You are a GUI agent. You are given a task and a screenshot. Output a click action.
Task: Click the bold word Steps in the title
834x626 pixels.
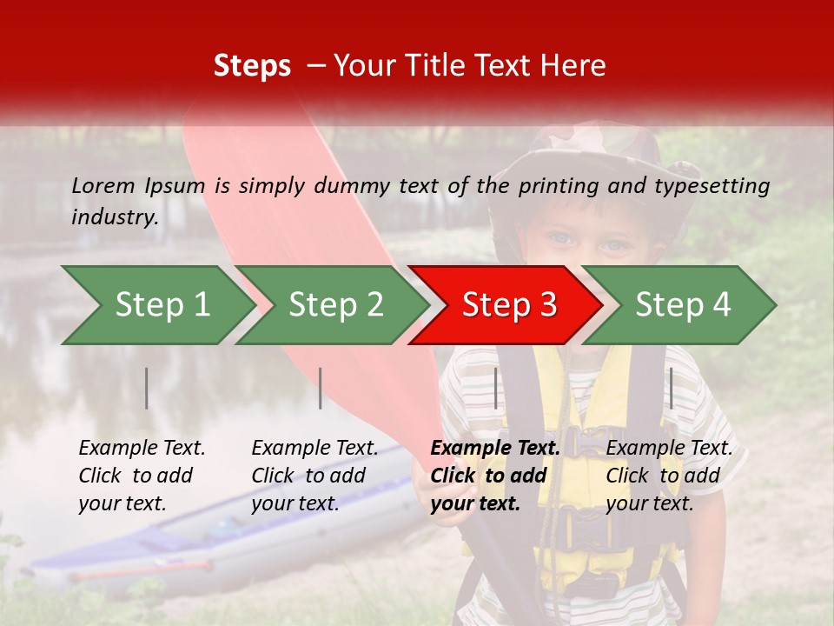pyautogui.click(x=252, y=66)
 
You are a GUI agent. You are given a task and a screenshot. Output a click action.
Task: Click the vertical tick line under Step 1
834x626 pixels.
pyautogui.click(x=147, y=388)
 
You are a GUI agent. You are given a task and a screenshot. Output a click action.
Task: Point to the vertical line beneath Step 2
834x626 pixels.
pyautogui.click(x=321, y=388)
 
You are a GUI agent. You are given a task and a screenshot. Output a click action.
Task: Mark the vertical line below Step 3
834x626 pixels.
pyautogui.click(x=496, y=388)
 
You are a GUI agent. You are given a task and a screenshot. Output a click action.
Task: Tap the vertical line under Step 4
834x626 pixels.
pyautogui.click(x=671, y=388)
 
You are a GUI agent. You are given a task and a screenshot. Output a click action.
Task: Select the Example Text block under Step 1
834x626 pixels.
pyautogui.click(x=142, y=476)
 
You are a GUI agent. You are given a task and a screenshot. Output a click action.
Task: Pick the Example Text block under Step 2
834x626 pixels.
pyautogui.click(x=314, y=476)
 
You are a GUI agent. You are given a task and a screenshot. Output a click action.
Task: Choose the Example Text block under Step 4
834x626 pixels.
pyautogui.click(x=669, y=476)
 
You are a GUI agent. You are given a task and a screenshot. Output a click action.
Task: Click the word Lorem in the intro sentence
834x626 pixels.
pyautogui.click(x=103, y=185)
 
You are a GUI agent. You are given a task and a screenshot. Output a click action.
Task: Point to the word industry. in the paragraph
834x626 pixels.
pyautogui.click(x=115, y=217)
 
